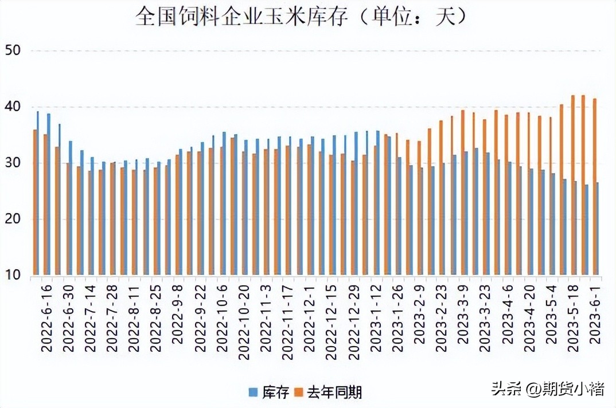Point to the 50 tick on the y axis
[x=12, y=50]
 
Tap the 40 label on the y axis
[x=12, y=107]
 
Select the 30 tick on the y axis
[x=12, y=163]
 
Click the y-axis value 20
[x=12, y=219]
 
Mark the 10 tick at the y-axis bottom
[x=12, y=275]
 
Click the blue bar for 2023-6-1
[x=598, y=229]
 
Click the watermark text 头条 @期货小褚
[x=548, y=390]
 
